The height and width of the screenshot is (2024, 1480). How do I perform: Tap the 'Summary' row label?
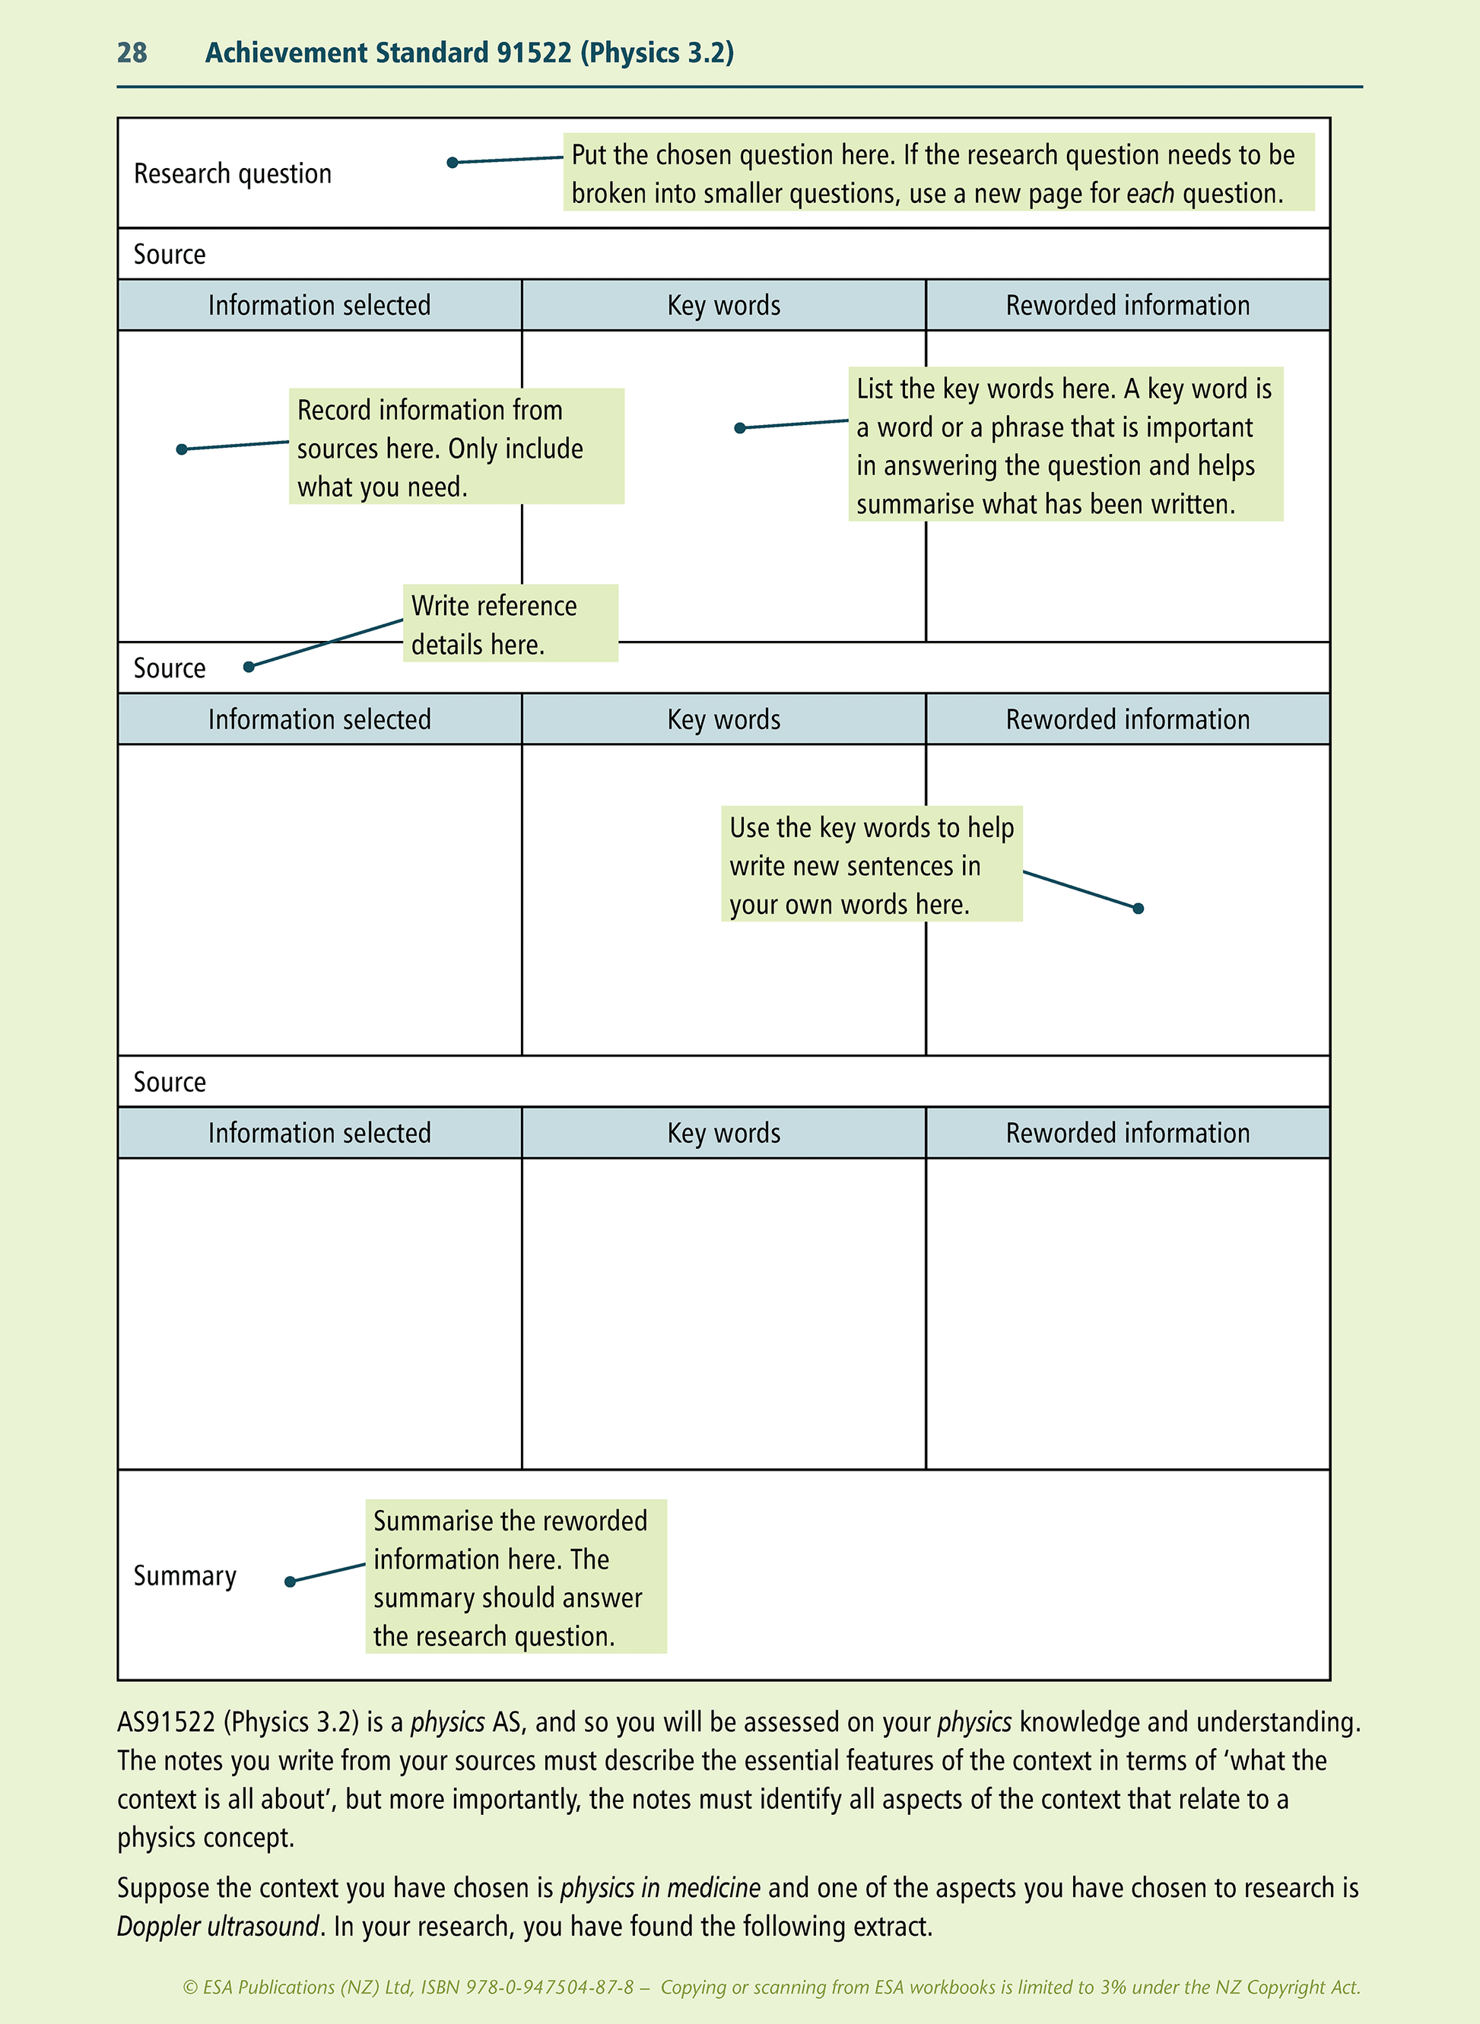[185, 1575]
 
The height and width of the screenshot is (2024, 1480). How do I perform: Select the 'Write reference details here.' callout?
[510, 624]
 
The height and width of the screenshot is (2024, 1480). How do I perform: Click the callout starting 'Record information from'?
[456, 447]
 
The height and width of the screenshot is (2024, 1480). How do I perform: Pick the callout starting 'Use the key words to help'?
[871, 864]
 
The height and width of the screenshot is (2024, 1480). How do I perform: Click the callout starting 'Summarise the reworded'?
[515, 1577]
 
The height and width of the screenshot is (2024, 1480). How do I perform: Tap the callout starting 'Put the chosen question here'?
[937, 173]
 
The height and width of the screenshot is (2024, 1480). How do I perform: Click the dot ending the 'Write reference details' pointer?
[249, 666]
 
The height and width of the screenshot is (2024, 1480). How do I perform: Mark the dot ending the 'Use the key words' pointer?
[1138, 908]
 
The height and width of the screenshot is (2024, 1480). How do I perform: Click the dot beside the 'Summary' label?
[289, 1581]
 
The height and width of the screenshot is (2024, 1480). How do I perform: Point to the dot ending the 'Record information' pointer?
[182, 449]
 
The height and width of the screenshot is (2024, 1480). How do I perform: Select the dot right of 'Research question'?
[453, 162]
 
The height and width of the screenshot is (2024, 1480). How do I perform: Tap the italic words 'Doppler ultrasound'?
[218, 1925]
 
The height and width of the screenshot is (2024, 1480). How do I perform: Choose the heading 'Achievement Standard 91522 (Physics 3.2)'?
[469, 52]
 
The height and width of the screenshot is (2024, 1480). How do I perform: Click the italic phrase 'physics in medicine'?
[659, 1887]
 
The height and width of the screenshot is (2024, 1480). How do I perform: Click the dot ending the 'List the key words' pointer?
[739, 428]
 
